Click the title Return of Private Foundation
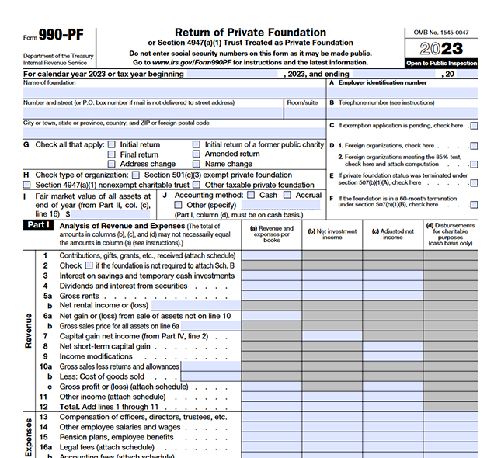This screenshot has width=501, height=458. [249, 33]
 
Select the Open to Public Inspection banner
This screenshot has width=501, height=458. [440, 63]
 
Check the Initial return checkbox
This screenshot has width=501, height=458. [112, 144]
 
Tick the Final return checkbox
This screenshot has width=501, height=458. [112, 154]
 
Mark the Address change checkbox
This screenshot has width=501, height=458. [112, 164]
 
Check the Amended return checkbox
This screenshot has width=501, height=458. [197, 154]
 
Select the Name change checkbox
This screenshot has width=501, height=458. [197, 164]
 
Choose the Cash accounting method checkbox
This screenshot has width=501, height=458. [250, 196]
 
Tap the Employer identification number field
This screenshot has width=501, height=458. [403, 92]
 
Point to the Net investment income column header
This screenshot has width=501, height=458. [332, 234]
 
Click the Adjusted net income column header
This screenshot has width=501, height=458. [392, 234]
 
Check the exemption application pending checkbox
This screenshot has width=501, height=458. [474, 126]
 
